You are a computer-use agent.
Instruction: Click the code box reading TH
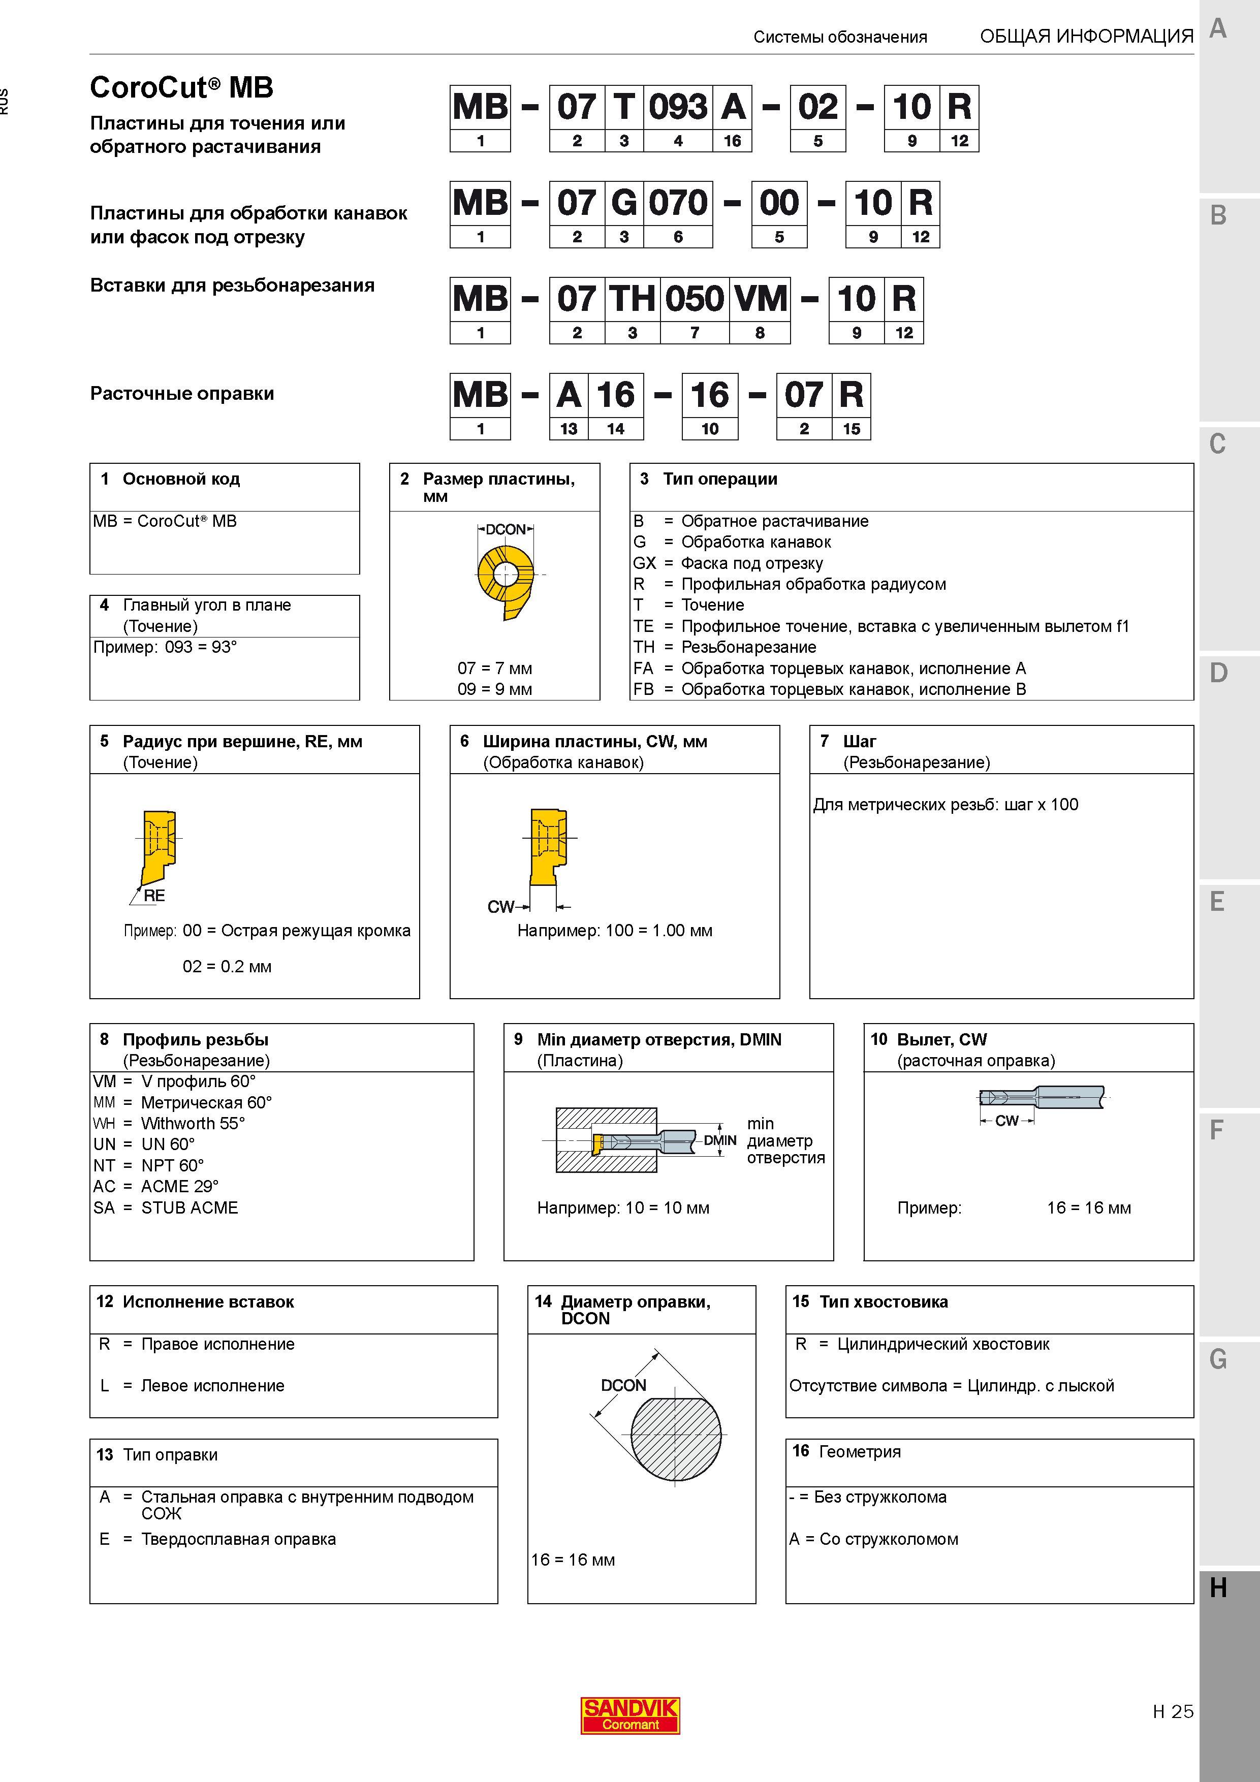pyautogui.click(x=633, y=299)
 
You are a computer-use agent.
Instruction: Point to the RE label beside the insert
pyautogui.click(x=154, y=896)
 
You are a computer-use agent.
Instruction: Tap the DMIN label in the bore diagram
pyautogui.click(x=719, y=1140)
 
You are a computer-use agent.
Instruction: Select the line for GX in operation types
pyautogui.click(x=728, y=563)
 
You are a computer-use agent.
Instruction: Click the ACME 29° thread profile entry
pyautogui.click(x=156, y=1187)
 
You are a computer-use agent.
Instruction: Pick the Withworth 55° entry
pyautogui.click(x=169, y=1124)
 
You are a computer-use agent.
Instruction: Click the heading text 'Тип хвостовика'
pyautogui.click(x=884, y=1301)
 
